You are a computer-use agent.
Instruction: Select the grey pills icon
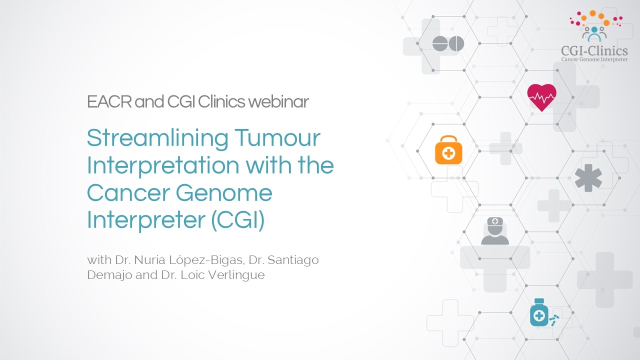click(x=448, y=44)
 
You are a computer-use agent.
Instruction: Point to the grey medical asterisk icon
click(x=588, y=178)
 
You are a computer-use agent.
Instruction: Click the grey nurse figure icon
click(x=495, y=231)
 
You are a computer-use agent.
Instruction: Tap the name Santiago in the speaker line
click(x=294, y=260)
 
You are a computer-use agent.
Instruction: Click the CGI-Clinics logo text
click(x=594, y=50)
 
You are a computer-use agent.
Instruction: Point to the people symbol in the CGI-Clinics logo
click(x=594, y=33)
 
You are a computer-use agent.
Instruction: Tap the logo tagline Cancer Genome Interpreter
click(x=594, y=59)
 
